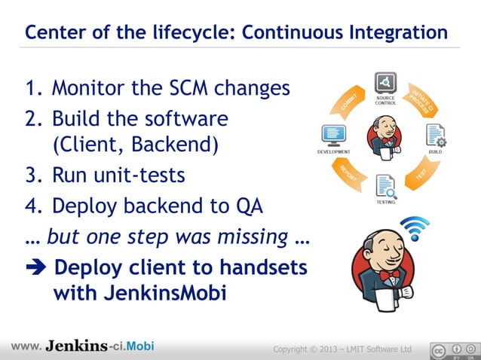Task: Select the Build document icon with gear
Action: tap(436, 136)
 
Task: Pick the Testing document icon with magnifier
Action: tap(385, 185)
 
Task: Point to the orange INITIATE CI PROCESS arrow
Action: tap(421, 101)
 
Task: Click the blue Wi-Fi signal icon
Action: tap(414, 227)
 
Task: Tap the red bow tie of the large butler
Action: tap(390, 276)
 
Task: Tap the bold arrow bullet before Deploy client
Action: tap(35, 269)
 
